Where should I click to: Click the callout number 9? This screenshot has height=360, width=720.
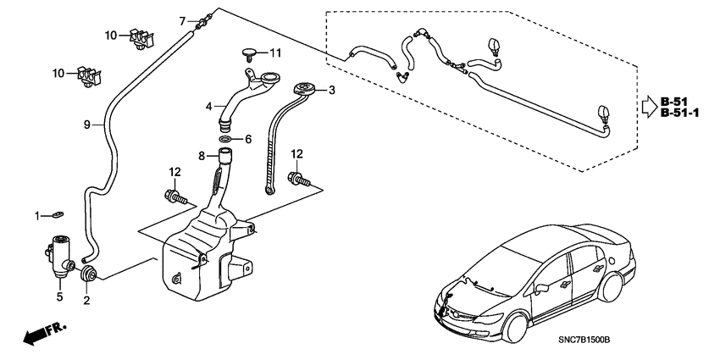pyautogui.click(x=86, y=125)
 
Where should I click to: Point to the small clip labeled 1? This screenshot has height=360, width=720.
pyautogui.click(x=56, y=214)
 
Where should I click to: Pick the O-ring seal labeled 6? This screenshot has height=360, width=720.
pyautogui.click(x=224, y=139)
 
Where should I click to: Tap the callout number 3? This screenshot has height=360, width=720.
pyautogui.click(x=332, y=90)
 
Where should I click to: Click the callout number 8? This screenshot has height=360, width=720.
pyautogui.click(x=202, y=155)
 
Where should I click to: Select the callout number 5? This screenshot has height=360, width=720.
pyautogui.click(x=60, y=297)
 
